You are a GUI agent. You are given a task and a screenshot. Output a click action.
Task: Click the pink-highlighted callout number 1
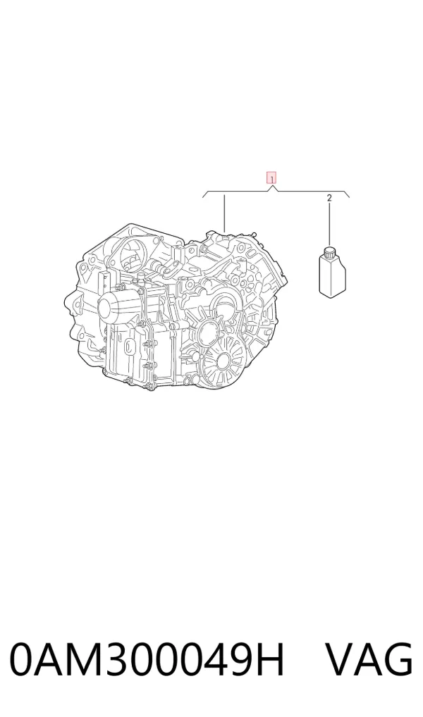pos(271,177)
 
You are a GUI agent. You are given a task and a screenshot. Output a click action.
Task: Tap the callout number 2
pos(329,198)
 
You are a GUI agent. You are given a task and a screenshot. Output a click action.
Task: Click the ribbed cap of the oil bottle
pos(330,251)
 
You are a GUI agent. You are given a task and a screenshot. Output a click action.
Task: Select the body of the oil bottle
pos(332,275)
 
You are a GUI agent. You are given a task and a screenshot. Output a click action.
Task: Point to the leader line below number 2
pos(329,225)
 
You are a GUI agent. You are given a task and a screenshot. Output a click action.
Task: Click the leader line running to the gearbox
pos(224,213)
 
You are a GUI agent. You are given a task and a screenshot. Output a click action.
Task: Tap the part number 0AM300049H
pos(147,659)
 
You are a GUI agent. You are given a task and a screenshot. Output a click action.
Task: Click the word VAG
pos(369,659)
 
